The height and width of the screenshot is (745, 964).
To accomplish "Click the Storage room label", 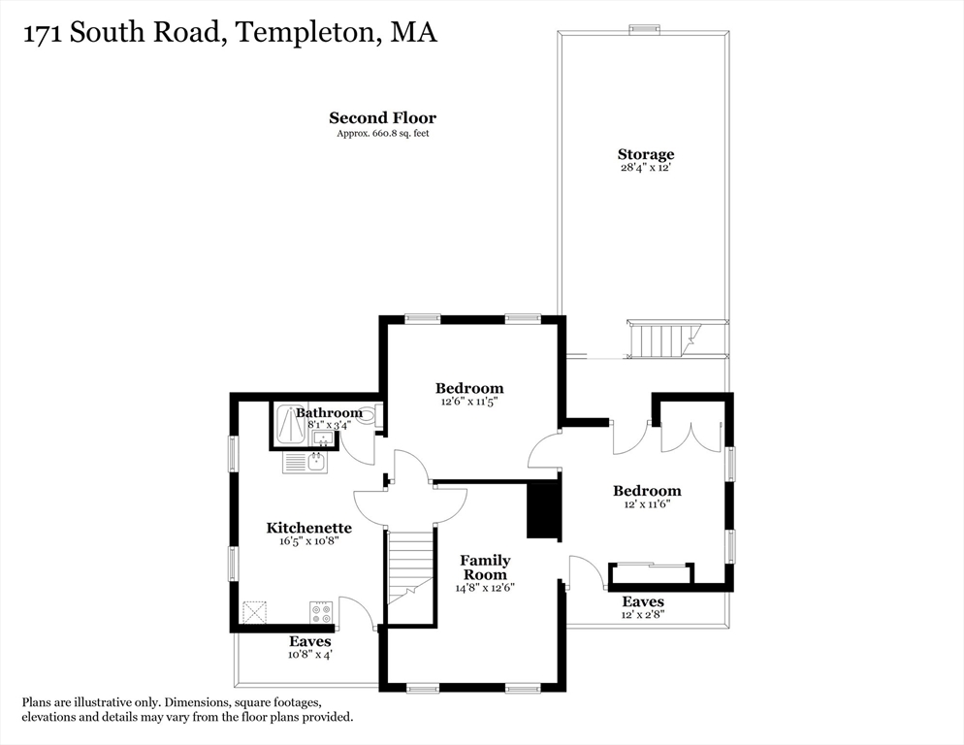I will point(645,154).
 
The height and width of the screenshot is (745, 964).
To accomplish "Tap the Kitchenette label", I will point(308,528).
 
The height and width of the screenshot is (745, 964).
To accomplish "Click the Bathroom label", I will point(329,412).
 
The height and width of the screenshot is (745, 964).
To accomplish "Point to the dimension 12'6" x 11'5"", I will point(469,401).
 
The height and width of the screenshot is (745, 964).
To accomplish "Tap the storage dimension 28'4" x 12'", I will point(645,168).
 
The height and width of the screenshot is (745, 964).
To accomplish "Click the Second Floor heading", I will point(382,118).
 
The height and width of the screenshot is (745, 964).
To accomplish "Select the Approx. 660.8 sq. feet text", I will point(382,133).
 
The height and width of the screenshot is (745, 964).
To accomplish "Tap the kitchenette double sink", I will point(305,463).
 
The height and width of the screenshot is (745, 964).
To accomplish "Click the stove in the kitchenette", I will point(320,612).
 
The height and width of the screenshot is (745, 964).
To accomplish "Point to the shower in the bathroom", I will point(290,425).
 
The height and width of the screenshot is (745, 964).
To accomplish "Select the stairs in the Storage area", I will point(662,340).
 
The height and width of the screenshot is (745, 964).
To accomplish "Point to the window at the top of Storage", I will point(643,29).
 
